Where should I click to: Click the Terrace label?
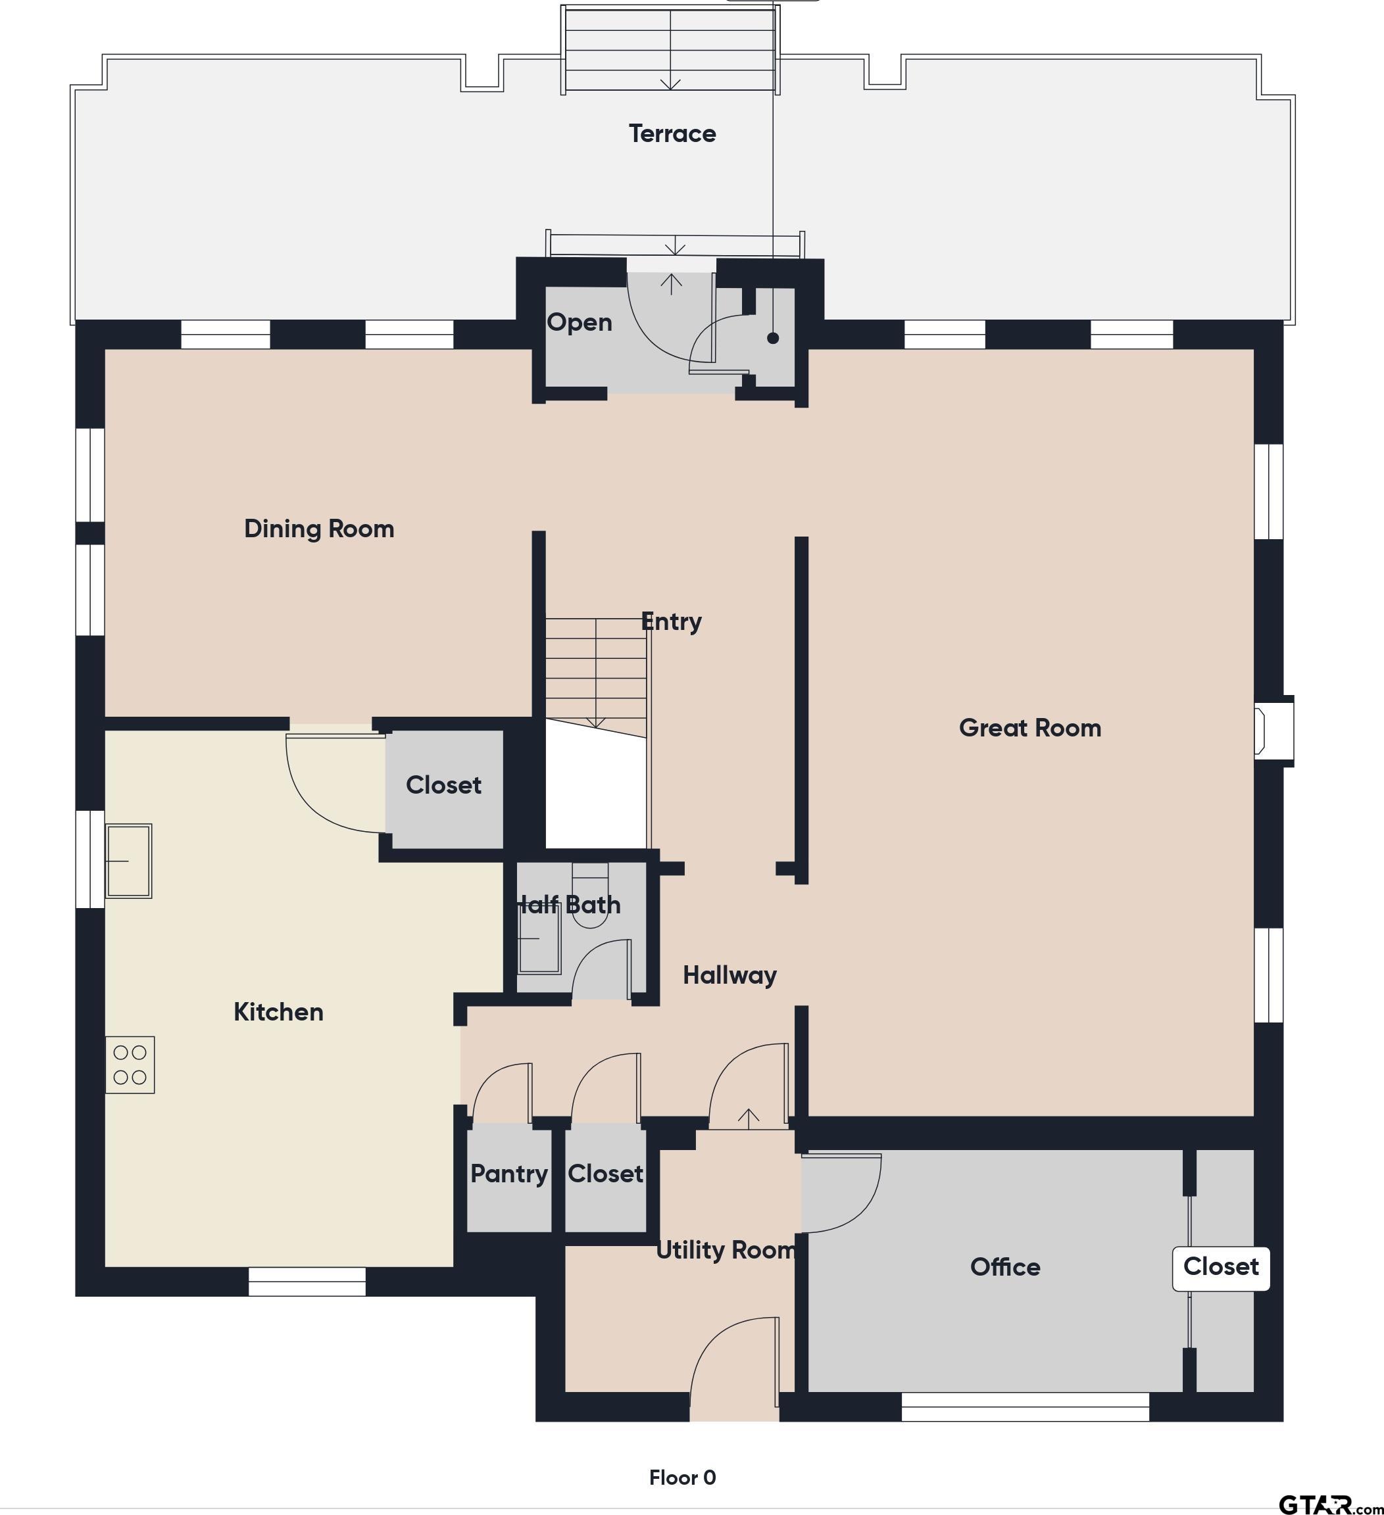point(672,133)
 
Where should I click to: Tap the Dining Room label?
point(319,529)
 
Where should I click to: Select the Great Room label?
point(1030,727)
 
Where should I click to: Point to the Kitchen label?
point(278,1011)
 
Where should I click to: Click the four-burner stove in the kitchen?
point(130,1065)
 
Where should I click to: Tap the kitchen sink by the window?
point(128,861)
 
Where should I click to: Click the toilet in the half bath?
point(590,896)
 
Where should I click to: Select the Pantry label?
point(509,1174)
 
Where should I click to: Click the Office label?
point(1005,1267)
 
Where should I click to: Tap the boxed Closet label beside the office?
point(1221,1266)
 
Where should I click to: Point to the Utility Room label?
point(726,1250)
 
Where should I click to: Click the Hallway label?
point(729,975)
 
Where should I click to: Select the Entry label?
point(672,622)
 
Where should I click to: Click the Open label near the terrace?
point(579,322)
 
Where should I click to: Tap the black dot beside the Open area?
point(773,338)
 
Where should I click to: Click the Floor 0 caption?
point(683,1478)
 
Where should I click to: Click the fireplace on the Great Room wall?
point(1273,731)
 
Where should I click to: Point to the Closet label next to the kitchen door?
point(443,785)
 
